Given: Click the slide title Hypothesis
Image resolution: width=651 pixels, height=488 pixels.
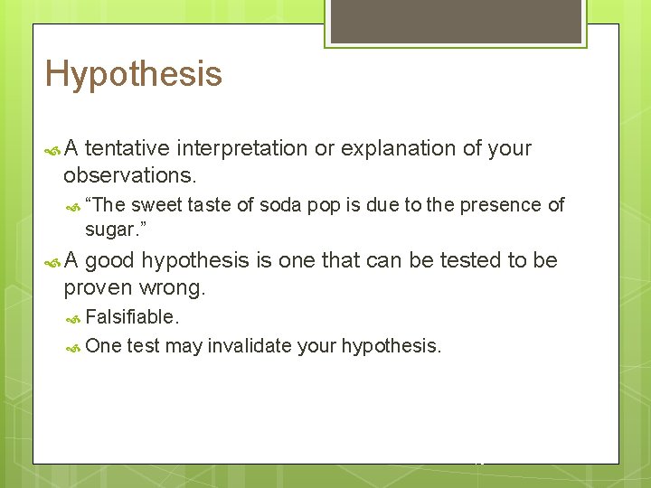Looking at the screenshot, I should point(133,74).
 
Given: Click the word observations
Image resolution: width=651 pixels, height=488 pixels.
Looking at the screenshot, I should point(129,174).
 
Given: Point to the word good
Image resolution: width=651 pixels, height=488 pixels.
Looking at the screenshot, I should point(110,261).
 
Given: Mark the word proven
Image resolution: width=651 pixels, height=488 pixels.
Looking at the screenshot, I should point(98,288).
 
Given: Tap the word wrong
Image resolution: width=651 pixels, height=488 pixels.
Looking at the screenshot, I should point(172,288).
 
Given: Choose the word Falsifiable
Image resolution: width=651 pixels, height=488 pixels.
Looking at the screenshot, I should point(132,317).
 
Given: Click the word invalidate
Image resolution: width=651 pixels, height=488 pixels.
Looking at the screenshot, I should point(250,346).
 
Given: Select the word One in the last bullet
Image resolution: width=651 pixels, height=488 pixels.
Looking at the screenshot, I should point(103,346).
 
